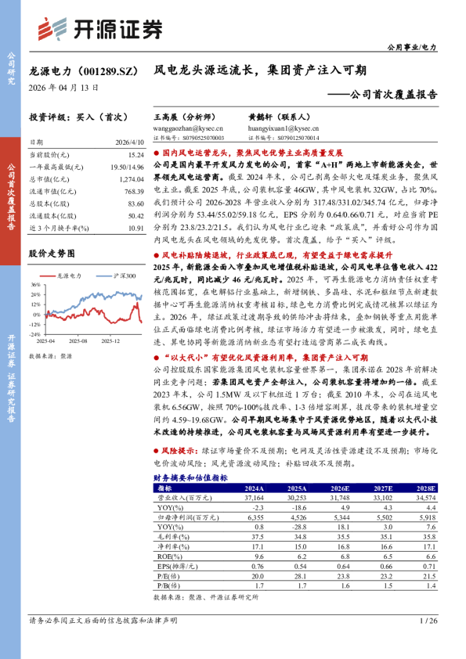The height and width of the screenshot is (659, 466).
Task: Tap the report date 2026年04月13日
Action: pos(63,88)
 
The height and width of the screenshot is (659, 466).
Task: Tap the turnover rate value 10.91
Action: pos(135,228)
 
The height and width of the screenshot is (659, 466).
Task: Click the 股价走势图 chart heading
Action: pos(52,254)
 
